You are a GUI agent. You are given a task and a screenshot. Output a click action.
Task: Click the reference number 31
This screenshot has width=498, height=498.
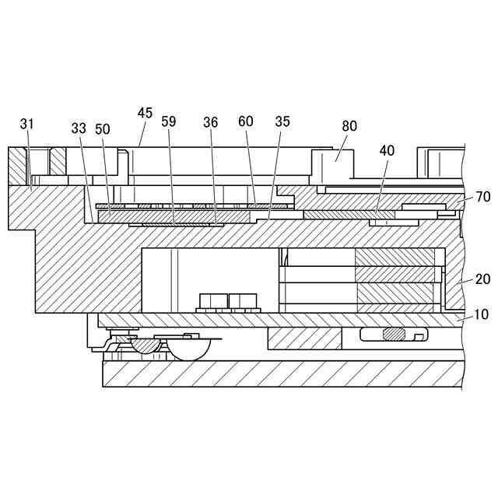[27, 124]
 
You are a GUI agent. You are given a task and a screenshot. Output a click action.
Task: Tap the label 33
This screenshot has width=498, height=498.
[78, 128]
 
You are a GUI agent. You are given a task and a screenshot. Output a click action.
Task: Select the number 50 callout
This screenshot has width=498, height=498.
[103, 128]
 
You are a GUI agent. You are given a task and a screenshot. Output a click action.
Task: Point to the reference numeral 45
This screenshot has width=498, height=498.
[145, 113]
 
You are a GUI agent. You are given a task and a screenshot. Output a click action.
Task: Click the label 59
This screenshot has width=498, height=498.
[169, 121]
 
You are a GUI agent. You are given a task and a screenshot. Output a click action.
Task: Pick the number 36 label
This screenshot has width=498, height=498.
[211, 122]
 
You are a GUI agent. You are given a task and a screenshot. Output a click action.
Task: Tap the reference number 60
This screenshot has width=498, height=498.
[246, 121]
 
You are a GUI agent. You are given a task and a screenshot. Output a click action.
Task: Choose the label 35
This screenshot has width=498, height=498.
[282, 121]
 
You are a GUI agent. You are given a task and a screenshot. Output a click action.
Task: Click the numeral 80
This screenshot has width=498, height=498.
[349, 126]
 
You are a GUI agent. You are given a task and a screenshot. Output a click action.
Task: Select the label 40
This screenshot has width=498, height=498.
[387, 151]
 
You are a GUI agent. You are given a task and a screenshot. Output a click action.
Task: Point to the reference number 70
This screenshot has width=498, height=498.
[482, 197]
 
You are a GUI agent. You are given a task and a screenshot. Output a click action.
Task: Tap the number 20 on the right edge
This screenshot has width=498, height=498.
[482, 279]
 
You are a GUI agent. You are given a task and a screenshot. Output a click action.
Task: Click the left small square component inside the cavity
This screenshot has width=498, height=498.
[212, 301]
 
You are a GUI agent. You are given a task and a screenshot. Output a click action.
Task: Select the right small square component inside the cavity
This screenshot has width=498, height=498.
[243, 301]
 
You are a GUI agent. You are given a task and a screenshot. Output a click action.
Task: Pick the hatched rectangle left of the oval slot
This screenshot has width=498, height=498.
[304, 338]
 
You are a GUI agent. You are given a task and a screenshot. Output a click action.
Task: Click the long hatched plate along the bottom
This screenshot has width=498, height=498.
[280, 373]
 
